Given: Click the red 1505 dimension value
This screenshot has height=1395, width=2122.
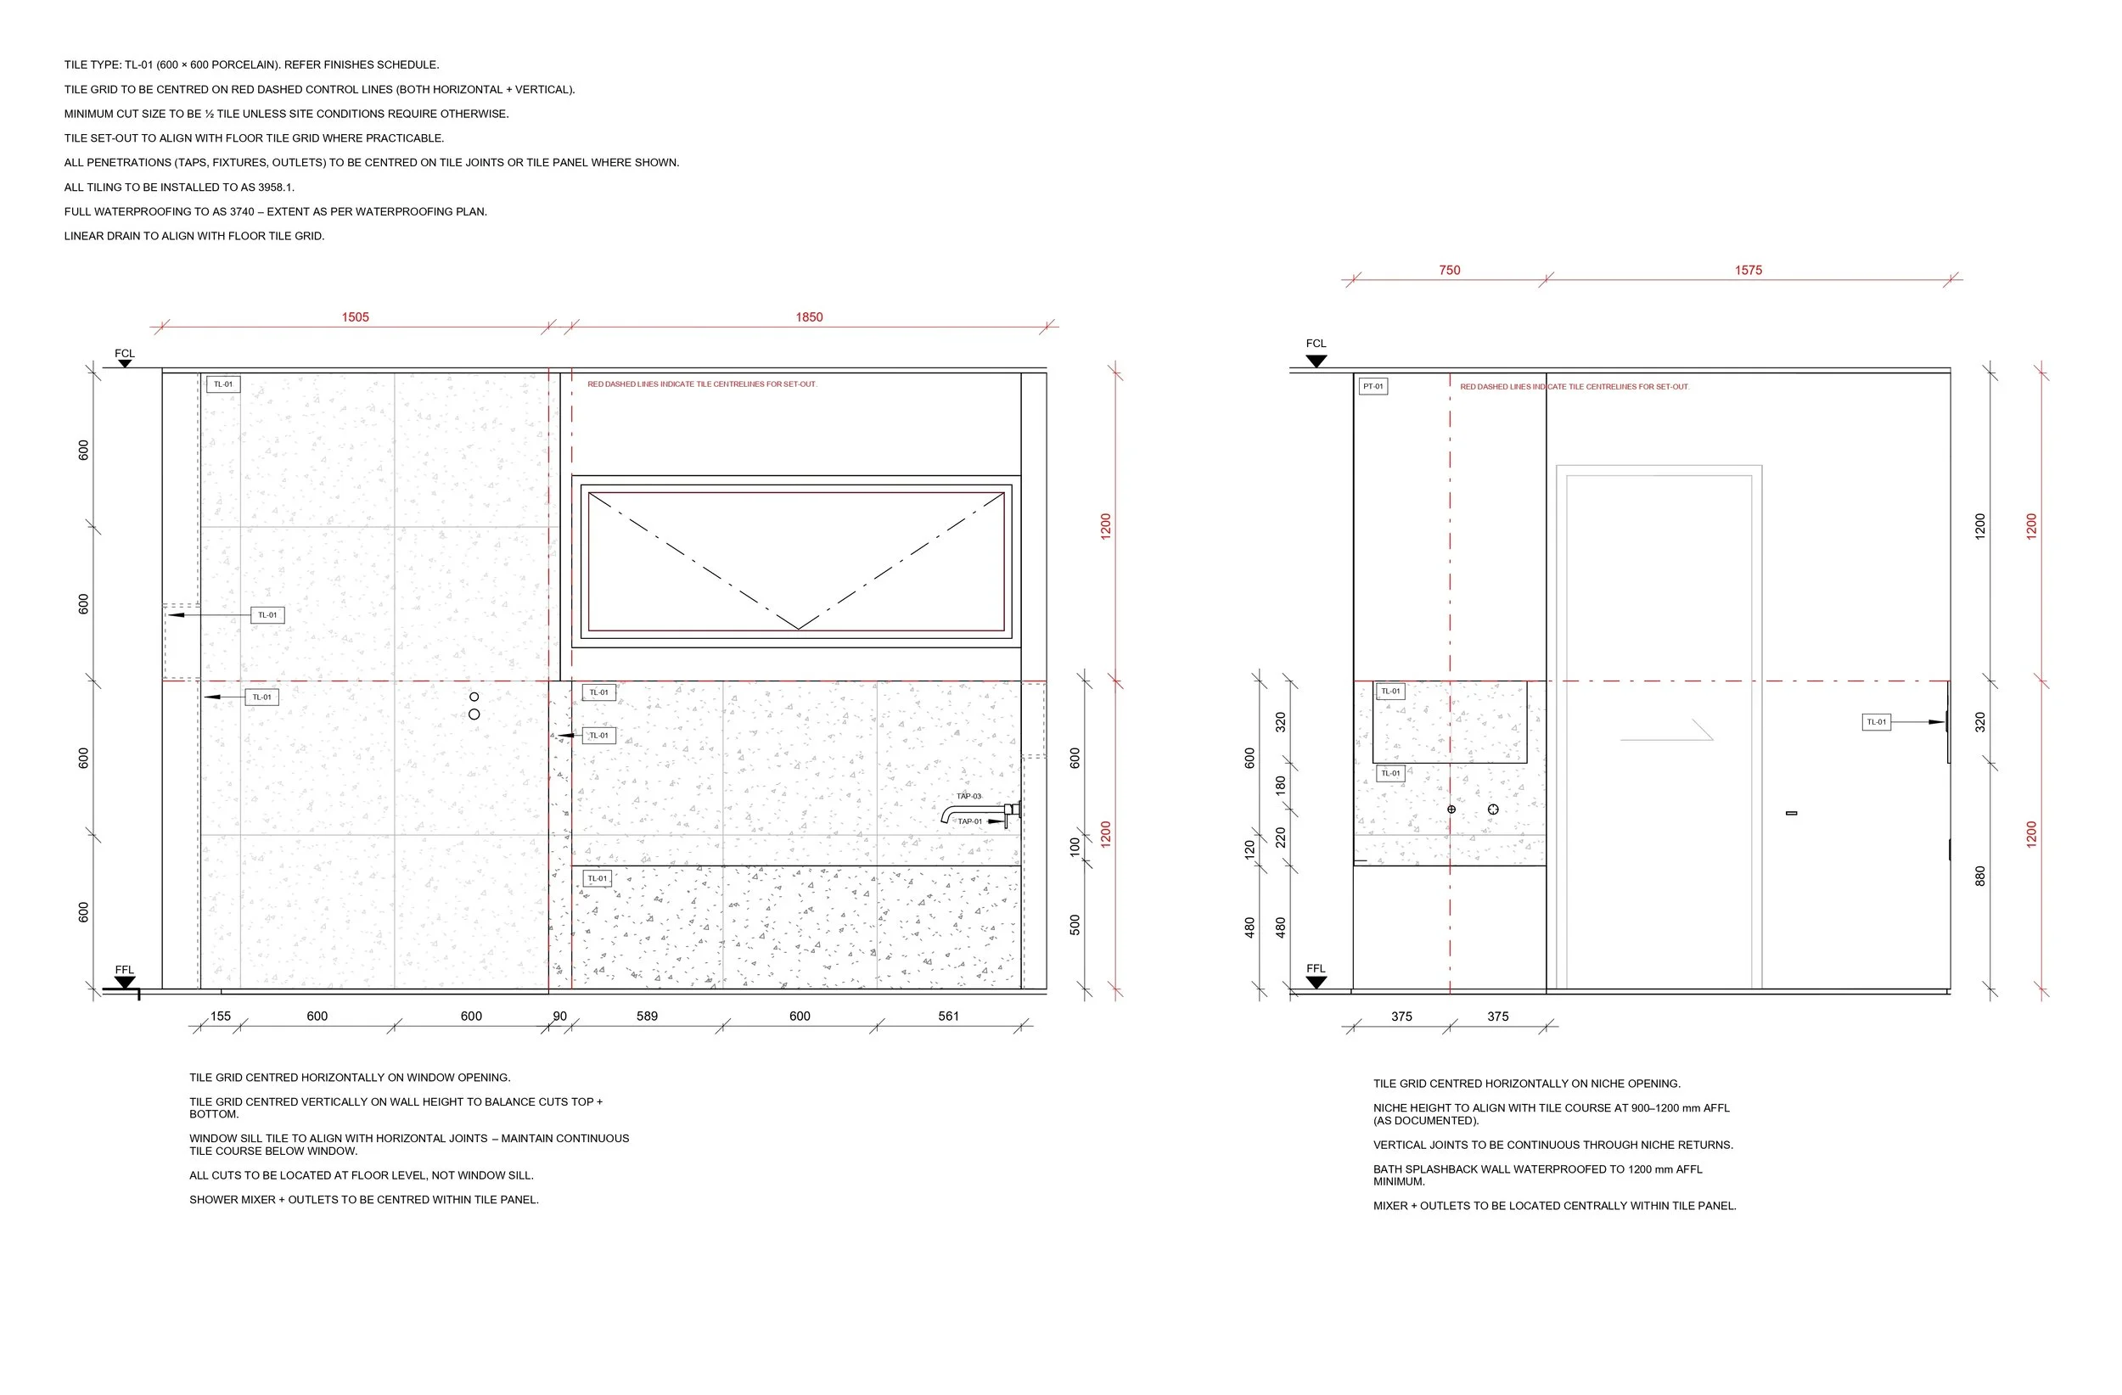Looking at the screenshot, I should (355, 317).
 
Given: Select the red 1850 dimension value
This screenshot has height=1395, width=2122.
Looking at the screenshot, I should (809, 317).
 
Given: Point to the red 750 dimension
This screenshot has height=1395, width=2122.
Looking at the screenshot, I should (1449, 270).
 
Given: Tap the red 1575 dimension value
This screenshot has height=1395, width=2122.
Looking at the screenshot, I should (1748, 270).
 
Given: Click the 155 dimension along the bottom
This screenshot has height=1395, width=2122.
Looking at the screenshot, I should (220, 1017).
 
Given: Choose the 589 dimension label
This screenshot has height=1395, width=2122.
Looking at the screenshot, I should (647, 1017).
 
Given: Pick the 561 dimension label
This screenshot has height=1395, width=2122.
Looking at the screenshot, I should (948, 1017).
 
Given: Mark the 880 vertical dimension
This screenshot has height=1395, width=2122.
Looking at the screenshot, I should (1980, 877).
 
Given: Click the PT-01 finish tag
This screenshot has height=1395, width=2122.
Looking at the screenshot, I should (1373, 387).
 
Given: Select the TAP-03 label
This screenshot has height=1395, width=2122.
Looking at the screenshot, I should (968, 797).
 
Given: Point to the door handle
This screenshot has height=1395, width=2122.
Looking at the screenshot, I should (1791, 813).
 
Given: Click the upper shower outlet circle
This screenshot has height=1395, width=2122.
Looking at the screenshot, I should (474, 697).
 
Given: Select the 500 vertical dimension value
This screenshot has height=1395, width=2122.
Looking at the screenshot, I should (1075, 925).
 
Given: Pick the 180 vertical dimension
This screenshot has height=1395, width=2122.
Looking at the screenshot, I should (1280, 785).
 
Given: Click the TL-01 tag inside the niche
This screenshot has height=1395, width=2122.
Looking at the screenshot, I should (1390, 692).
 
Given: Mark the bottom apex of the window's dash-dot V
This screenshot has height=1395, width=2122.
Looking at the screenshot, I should (798, 629).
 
